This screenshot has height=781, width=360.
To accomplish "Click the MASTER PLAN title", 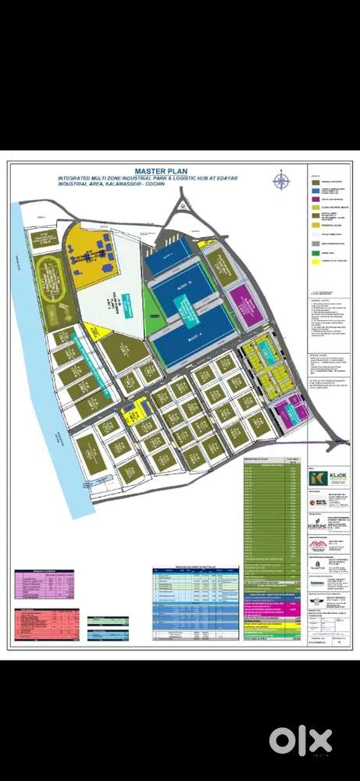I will coord(158,171).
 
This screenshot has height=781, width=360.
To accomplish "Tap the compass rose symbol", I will coord(280,181).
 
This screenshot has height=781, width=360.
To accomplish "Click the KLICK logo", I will coord(323,477).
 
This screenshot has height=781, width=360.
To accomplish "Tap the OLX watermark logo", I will coord(301,740).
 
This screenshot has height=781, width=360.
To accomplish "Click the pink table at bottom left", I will coord(48,581).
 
